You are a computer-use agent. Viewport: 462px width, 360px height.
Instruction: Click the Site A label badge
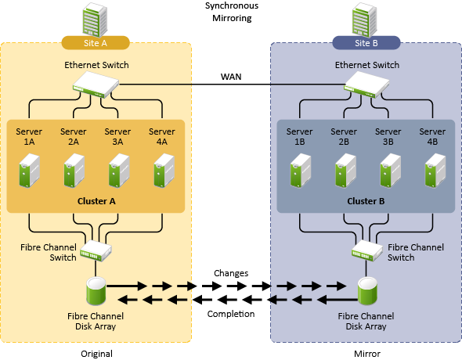(x=96, y=43)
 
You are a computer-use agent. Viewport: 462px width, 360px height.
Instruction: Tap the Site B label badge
(x=366, y=43)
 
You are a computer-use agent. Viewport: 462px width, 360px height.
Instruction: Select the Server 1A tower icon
(x=30, y=171)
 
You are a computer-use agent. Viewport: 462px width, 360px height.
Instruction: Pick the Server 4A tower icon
(x=164, y=171)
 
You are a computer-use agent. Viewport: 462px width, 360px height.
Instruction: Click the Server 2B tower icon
(x=345, y=171)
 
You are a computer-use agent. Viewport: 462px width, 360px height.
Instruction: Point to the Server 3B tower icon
(x=391, y=171)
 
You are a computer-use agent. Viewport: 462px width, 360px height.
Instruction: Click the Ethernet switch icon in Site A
(x=96, y=85)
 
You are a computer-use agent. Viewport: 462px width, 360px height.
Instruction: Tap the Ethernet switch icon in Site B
(x=366, y=85)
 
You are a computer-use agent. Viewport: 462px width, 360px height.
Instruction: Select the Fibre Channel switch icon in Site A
(x=96, y=250)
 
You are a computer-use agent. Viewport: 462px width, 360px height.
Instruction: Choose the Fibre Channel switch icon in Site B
(x=366, y=250)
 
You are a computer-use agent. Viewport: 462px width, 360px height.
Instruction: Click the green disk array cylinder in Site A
(x=96, y=291)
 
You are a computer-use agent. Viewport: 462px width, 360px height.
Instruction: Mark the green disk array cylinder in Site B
(x=367, y=291)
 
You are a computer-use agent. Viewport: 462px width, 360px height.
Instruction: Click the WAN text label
(x=231, y=77)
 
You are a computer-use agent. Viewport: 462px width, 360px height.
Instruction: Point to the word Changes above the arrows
(x=231, y=273)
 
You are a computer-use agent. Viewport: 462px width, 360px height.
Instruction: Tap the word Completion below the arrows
(x=231, y=314)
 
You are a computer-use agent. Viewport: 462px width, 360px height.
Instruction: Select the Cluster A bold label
(x=96, y=201)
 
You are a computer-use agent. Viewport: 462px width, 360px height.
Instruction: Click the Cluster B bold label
(x=366, y=201)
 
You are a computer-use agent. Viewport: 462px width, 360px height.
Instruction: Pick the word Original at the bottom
(x=96, y=354)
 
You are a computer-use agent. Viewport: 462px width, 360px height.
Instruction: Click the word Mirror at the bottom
(x=367, y=354)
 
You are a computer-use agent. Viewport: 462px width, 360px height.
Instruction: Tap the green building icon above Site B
(x=365, y=20)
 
